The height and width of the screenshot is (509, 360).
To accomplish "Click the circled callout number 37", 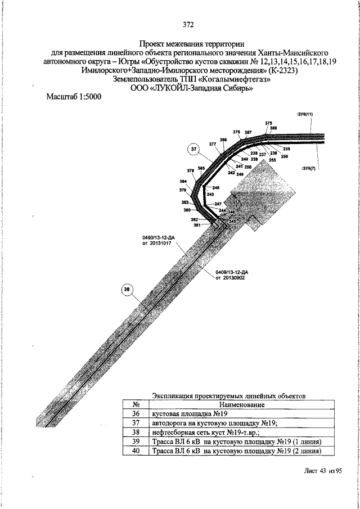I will point(194,149).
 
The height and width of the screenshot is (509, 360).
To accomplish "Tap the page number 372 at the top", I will point(188,24).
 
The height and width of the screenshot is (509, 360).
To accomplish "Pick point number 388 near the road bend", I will point(273,128).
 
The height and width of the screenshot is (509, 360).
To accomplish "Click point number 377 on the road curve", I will point(213,145).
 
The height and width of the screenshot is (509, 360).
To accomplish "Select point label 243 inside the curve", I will point(210,194).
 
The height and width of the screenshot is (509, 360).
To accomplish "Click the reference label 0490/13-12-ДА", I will point(159,239).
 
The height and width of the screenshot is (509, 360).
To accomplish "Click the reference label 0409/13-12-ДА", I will point(232,272).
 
